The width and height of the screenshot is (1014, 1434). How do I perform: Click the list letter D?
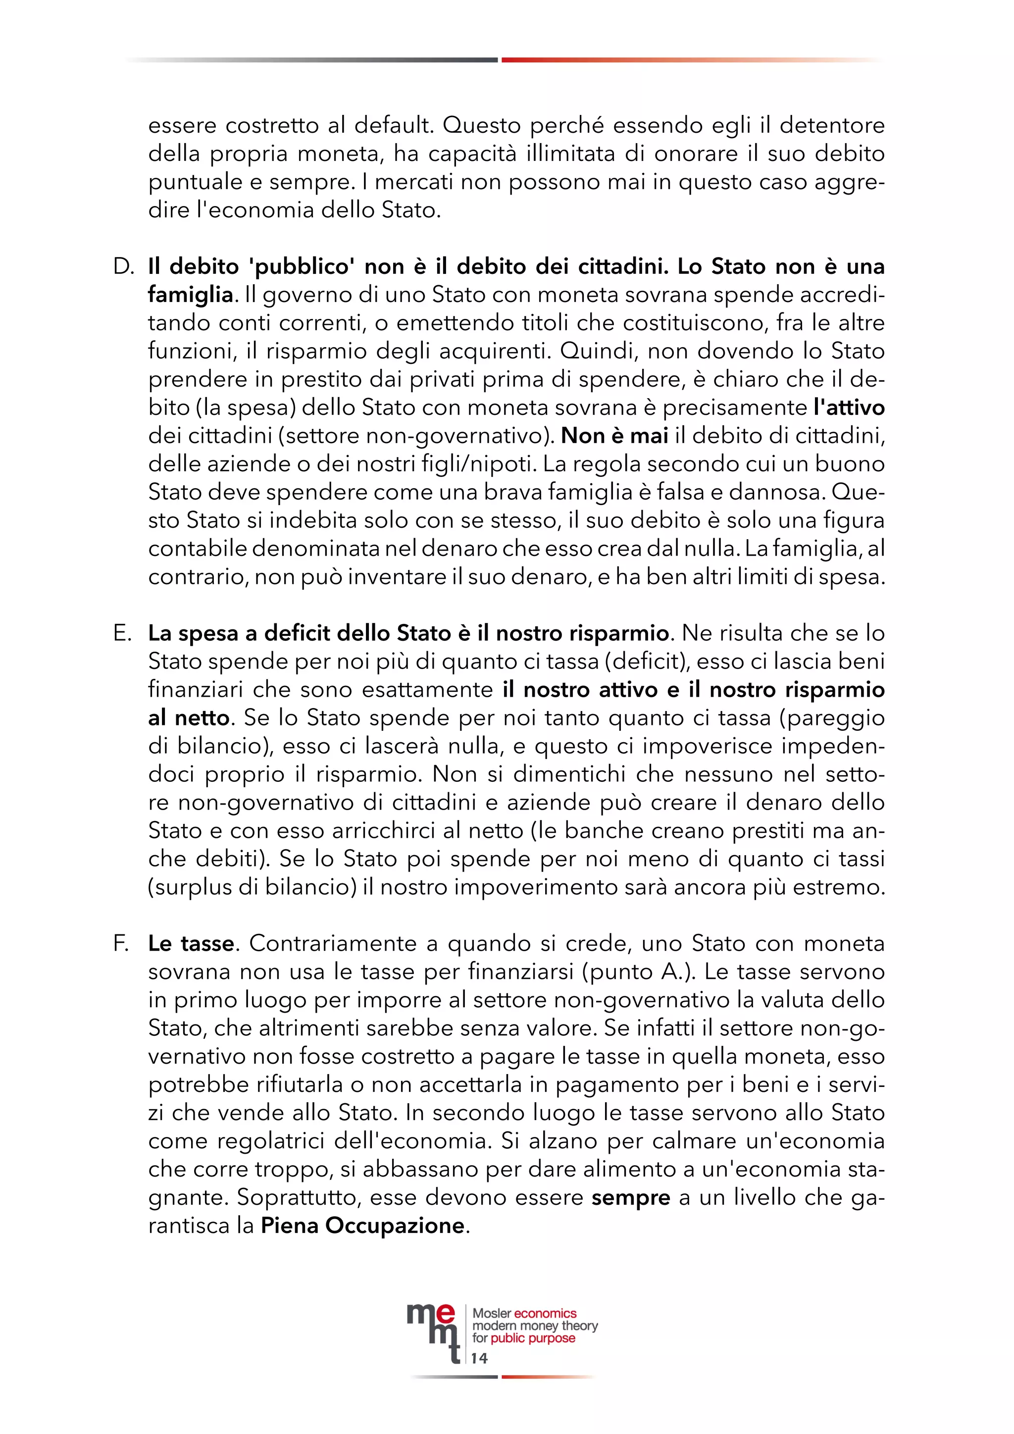(124, 267)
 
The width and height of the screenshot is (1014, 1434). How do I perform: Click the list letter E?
(122, 633)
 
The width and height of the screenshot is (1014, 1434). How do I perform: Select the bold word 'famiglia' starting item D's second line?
(191, 295)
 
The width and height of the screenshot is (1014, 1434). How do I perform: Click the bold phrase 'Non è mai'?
(614, 436)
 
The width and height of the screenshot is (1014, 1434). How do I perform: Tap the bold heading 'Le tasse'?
(191, 944)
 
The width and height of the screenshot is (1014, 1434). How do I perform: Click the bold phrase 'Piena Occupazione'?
(363, 1226)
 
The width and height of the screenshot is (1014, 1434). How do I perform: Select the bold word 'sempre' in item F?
(631, 1197)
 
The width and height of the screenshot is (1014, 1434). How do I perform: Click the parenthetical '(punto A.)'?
(633, 972)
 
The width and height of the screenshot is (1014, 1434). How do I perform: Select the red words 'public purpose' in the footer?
(533, 1338)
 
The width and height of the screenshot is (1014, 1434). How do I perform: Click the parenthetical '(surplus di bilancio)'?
(252, 887)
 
